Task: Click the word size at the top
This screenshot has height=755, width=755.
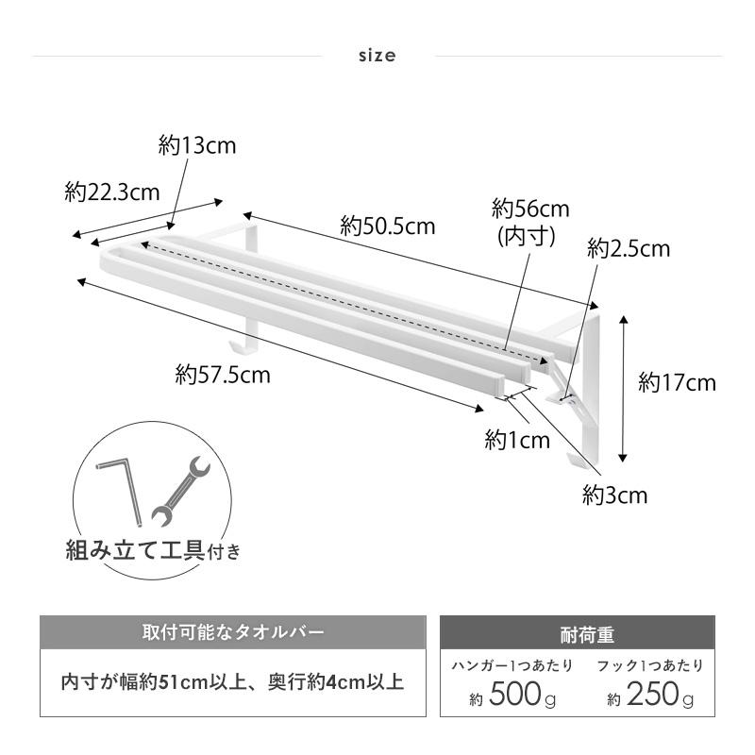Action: tap(377, 56)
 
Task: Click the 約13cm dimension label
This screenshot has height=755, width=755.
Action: tap(197, 145)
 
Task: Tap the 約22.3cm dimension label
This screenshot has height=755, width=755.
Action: tap(112, 193)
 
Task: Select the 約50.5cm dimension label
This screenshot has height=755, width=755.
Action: tap(388, 226)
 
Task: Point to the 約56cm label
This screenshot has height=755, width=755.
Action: tap(530, 209)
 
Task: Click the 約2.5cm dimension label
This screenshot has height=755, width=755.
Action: tap(629, 248)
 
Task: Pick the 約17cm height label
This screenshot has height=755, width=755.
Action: tap(678, 383)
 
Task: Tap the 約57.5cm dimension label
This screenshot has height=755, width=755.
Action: tap(223, 375)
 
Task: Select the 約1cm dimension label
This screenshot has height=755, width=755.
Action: tap(517, 440)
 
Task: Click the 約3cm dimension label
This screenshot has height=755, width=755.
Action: tap(615, 495)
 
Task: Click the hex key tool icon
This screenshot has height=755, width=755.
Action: tap(121, 491)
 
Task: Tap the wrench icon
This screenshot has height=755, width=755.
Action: tap(181, 491)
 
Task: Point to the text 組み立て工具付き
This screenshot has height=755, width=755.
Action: tap(153, 550)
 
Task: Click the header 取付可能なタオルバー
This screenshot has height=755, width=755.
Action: tap(233, 631)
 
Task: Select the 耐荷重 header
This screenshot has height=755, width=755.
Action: tap(587, 635)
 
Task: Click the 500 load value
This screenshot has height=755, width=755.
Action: tap(515, 694)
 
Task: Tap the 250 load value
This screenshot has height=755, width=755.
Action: tap(652, 694)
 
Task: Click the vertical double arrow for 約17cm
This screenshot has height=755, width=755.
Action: tap(624, 389)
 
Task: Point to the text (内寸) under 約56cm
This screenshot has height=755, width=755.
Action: tap(527, 237)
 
